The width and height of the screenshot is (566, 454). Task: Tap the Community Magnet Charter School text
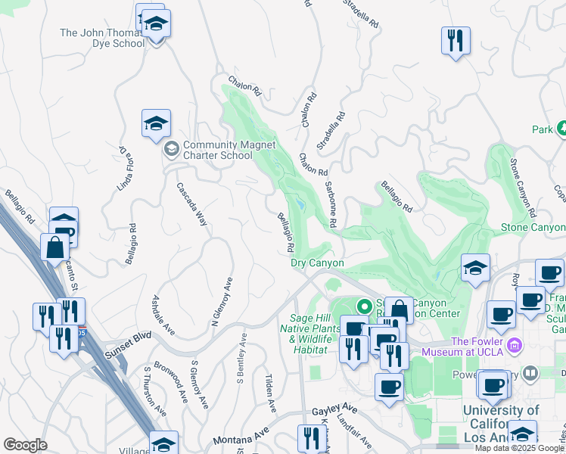218,150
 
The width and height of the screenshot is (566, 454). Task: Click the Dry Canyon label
318,263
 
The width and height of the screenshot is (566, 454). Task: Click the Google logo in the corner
25,445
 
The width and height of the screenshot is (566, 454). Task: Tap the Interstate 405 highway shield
82,331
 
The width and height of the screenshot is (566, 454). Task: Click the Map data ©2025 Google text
519,448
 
